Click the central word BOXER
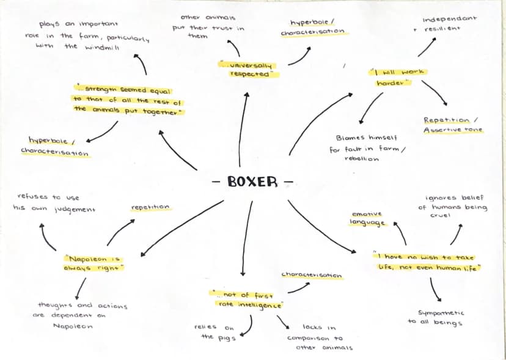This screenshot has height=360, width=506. pyautogui.click(x=252, y=182)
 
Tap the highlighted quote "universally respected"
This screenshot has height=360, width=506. pyautogui.click(x=249, y=70)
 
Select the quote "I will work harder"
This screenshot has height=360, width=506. pyautogui.click(x=397, y=77)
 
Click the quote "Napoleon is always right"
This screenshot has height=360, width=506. pyautogui.click(x=94, y=263)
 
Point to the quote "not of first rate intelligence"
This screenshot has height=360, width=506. pyautogui.click(x=247, y=299)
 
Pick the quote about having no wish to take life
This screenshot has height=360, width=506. pyautogui.click(x=427, y=262)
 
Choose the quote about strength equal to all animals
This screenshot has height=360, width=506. pyautogui.click(x=128, y=100)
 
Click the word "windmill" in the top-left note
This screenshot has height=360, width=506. pyautogui.click(x=102, y=48)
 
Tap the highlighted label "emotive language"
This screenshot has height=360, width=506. pyautogui.click(x=367, y=219)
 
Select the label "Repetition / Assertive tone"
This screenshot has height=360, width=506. pyautogui.click(x=453, y=125)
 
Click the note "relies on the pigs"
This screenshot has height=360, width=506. pyautogui.click(x=214, y=332)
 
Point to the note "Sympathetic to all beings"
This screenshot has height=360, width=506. pyautogui.click(x=436, y=317)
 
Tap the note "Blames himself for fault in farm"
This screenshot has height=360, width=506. pyautogui.click(x=367, y=148)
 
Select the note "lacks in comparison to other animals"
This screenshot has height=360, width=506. pyautogui.click(x=320, y=337)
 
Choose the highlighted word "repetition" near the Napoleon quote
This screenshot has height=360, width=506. pyautogui.click(x=150, y=207)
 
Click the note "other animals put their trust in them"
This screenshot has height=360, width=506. pyautogui.click(x=208, y=27)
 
